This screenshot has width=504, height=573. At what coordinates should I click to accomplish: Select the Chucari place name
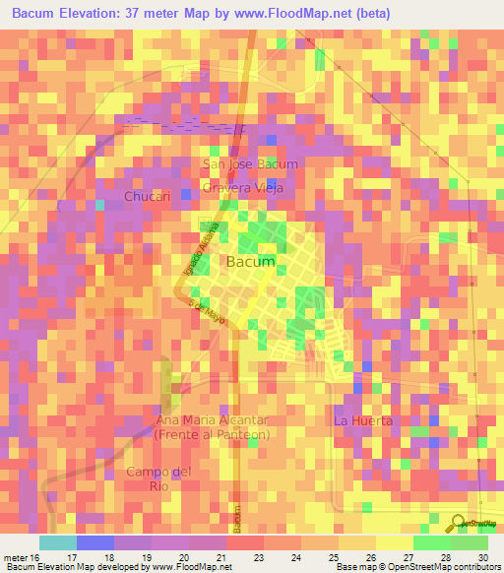pos(149,197)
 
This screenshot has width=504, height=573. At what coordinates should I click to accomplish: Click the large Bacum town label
pos(250,262)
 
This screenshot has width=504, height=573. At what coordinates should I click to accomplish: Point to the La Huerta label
pos(363,420)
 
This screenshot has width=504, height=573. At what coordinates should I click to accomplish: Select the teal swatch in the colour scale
pos(57,542)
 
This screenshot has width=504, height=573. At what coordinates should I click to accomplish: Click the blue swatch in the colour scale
pos(94,542)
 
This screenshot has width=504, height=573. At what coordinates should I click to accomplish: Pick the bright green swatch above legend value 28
pos(431,542)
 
